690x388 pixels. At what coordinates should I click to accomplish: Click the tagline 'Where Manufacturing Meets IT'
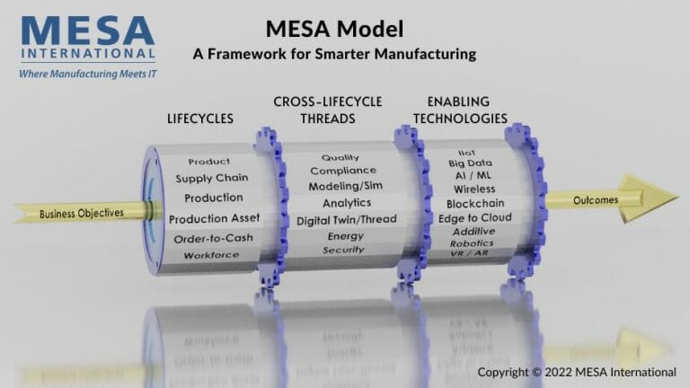pyautogui.click(x=87, y=74)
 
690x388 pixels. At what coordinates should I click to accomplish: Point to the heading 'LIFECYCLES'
pyautogui.click(x=199, y=119)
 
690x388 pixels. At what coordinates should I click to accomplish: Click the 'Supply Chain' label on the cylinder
pyautogui.click(x=212, y=178)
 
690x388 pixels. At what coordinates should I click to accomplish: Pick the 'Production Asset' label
pyautogui.click(x=214, y=218)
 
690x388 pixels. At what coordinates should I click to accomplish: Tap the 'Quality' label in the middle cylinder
pyautogui.click(x=340, y=158)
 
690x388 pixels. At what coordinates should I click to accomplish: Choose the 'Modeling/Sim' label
pyautogui.click(x=340, y=186)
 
